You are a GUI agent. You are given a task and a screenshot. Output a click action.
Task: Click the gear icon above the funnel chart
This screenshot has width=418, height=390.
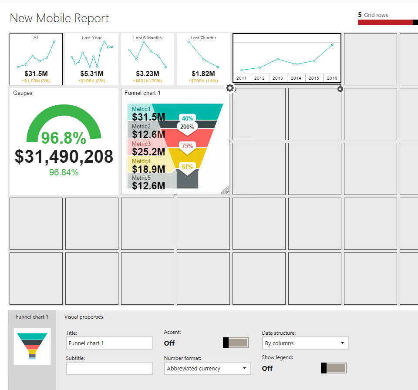(x=230, y=88)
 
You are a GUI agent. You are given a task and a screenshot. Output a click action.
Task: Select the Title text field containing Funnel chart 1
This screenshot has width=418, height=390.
(x=109, y=343)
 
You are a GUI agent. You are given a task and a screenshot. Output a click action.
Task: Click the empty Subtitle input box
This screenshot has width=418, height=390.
(x=109, y=368)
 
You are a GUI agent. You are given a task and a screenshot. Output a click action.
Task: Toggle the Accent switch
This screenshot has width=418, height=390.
(x=236, y=343)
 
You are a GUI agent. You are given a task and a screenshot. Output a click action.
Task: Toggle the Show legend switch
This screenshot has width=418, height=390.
(x=334, y=368)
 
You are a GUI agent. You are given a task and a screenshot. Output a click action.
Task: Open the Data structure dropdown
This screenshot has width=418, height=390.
(x=305, y=343)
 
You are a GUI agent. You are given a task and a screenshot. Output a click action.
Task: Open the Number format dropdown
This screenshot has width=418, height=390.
(x=207, y=368)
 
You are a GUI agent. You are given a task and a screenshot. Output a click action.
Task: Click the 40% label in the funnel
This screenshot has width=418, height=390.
(x=187, y=118)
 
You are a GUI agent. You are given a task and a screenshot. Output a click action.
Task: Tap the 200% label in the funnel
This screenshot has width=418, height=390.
(x=187, y=127)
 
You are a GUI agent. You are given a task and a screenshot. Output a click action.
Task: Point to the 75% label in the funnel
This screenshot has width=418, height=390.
(x=187, y=146)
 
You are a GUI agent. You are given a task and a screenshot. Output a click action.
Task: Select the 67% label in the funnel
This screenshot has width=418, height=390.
(x=187, y=167)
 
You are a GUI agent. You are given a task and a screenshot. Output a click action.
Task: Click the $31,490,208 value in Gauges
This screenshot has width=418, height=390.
(x=64, y=157)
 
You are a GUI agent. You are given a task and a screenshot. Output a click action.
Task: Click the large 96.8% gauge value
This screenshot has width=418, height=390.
(x=64, y=138)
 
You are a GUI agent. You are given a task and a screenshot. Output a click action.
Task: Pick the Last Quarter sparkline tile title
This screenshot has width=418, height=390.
(x=203, y=38)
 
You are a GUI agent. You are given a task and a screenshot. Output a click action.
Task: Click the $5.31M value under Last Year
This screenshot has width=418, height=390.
(x=92, y=74)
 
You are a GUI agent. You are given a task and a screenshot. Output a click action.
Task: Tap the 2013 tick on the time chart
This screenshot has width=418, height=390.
(x=278, y=78)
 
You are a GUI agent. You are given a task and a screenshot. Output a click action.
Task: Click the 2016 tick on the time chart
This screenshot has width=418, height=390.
(x=332, y=78)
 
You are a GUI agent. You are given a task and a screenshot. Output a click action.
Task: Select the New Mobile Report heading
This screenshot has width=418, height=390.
(x=59, y=18)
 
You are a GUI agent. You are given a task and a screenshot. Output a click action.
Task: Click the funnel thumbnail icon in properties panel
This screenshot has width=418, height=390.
(x=32, y=346)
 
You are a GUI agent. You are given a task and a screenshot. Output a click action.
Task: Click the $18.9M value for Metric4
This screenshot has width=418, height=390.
(x=148, y=169)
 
